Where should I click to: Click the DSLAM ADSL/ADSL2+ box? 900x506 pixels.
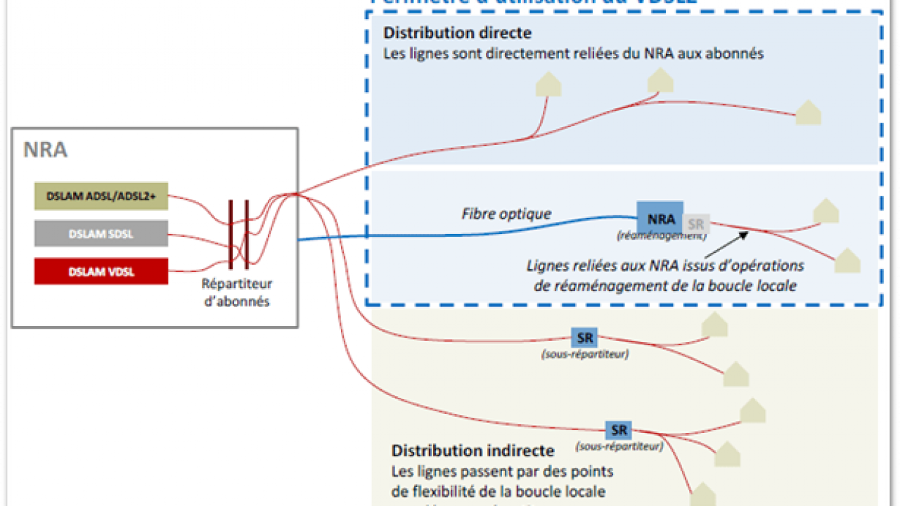[101, 197]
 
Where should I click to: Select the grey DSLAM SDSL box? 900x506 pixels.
[101, 233]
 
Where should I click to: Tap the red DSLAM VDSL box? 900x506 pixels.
[101, 271]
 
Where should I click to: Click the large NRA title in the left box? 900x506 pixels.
[46, 150]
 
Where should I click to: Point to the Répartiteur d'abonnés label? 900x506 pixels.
[236, 293]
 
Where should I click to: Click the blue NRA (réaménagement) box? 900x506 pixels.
[660, 219]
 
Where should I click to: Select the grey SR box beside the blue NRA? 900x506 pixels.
[695, 223]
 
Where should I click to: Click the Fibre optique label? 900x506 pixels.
[506, 214]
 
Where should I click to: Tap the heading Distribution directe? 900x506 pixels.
[457, 32]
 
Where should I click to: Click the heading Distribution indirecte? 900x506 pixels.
[472, 450]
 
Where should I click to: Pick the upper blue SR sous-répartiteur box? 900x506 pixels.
[585, 338]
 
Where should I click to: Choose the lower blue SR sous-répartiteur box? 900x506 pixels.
[619, 429]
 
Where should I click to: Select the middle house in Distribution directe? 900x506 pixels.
[660, 81]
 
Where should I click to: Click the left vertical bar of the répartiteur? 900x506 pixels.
[231, 234]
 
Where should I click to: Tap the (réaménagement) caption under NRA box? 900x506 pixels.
[662, 236]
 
